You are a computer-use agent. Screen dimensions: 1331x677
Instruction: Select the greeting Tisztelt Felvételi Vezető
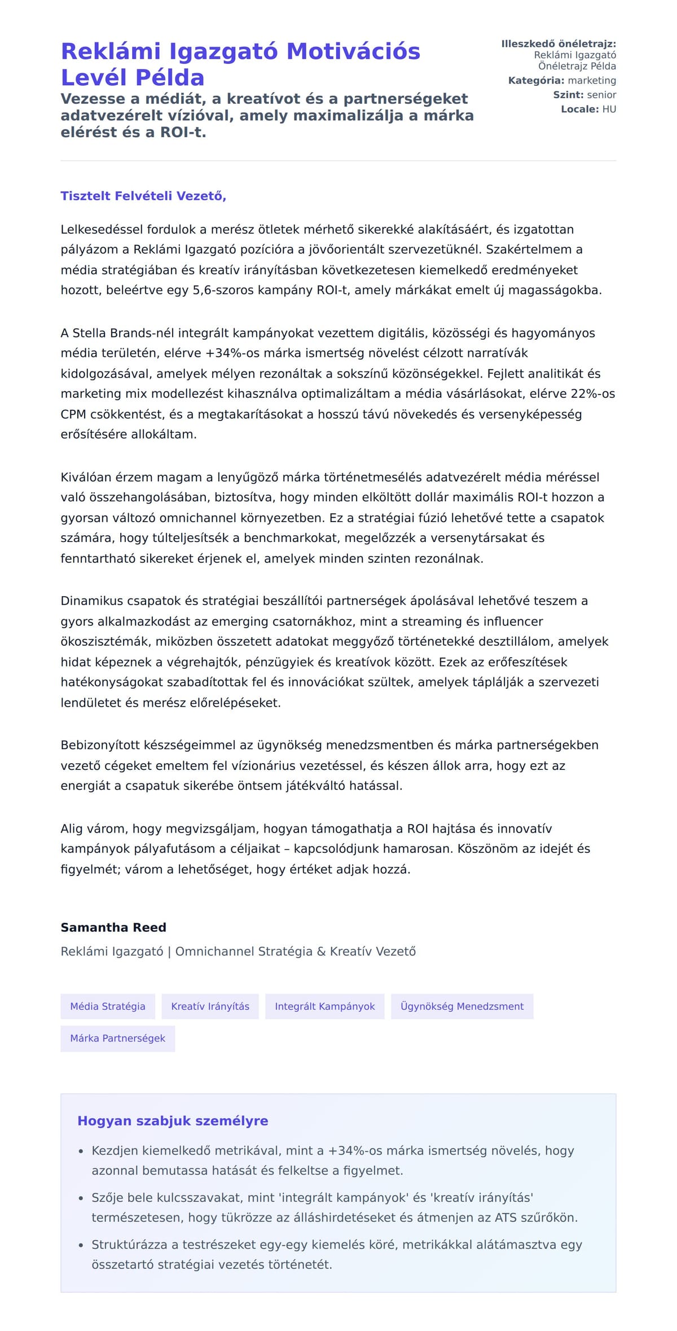click(143, 196)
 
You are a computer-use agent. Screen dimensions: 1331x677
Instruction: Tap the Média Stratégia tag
click(108, 1006)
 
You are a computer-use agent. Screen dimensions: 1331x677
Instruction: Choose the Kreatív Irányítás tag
click(210, 1006)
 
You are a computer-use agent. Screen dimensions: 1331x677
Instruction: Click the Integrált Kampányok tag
click(324, 1006)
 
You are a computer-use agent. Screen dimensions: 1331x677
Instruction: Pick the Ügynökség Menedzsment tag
click(461, 1006)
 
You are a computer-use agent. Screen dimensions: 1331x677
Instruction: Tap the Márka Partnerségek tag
click(117, 1039)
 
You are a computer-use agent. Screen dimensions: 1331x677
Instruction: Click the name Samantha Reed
click(113, 927)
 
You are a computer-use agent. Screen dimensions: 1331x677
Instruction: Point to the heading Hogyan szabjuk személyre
click(173, 1121)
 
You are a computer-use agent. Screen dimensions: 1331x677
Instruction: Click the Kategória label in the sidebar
click(536, 81)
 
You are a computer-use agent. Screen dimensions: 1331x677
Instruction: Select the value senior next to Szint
click(601, 95)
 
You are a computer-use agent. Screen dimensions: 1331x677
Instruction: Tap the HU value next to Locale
click(609, 110)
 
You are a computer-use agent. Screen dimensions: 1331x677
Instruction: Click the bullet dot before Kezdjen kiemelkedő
click(81, 1151)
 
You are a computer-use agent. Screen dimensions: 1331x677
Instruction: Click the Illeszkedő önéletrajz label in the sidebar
click(558, 44)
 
